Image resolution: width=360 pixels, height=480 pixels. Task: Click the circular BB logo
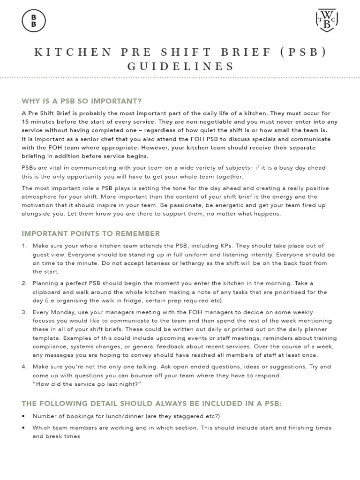click(x=33, y=21)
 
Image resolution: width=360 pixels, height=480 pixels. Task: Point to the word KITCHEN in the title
click(x=69, y=52)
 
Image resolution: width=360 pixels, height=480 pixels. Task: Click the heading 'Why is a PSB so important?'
click(x=82, y=101)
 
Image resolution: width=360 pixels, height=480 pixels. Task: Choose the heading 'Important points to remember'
click(x=91, y=233)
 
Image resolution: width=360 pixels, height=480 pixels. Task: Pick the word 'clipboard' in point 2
click(x=48, y=292)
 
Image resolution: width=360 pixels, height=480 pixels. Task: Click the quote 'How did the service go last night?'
click(x=87, y=384)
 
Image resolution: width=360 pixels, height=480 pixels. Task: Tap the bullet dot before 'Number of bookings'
click(x=24, y=416)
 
